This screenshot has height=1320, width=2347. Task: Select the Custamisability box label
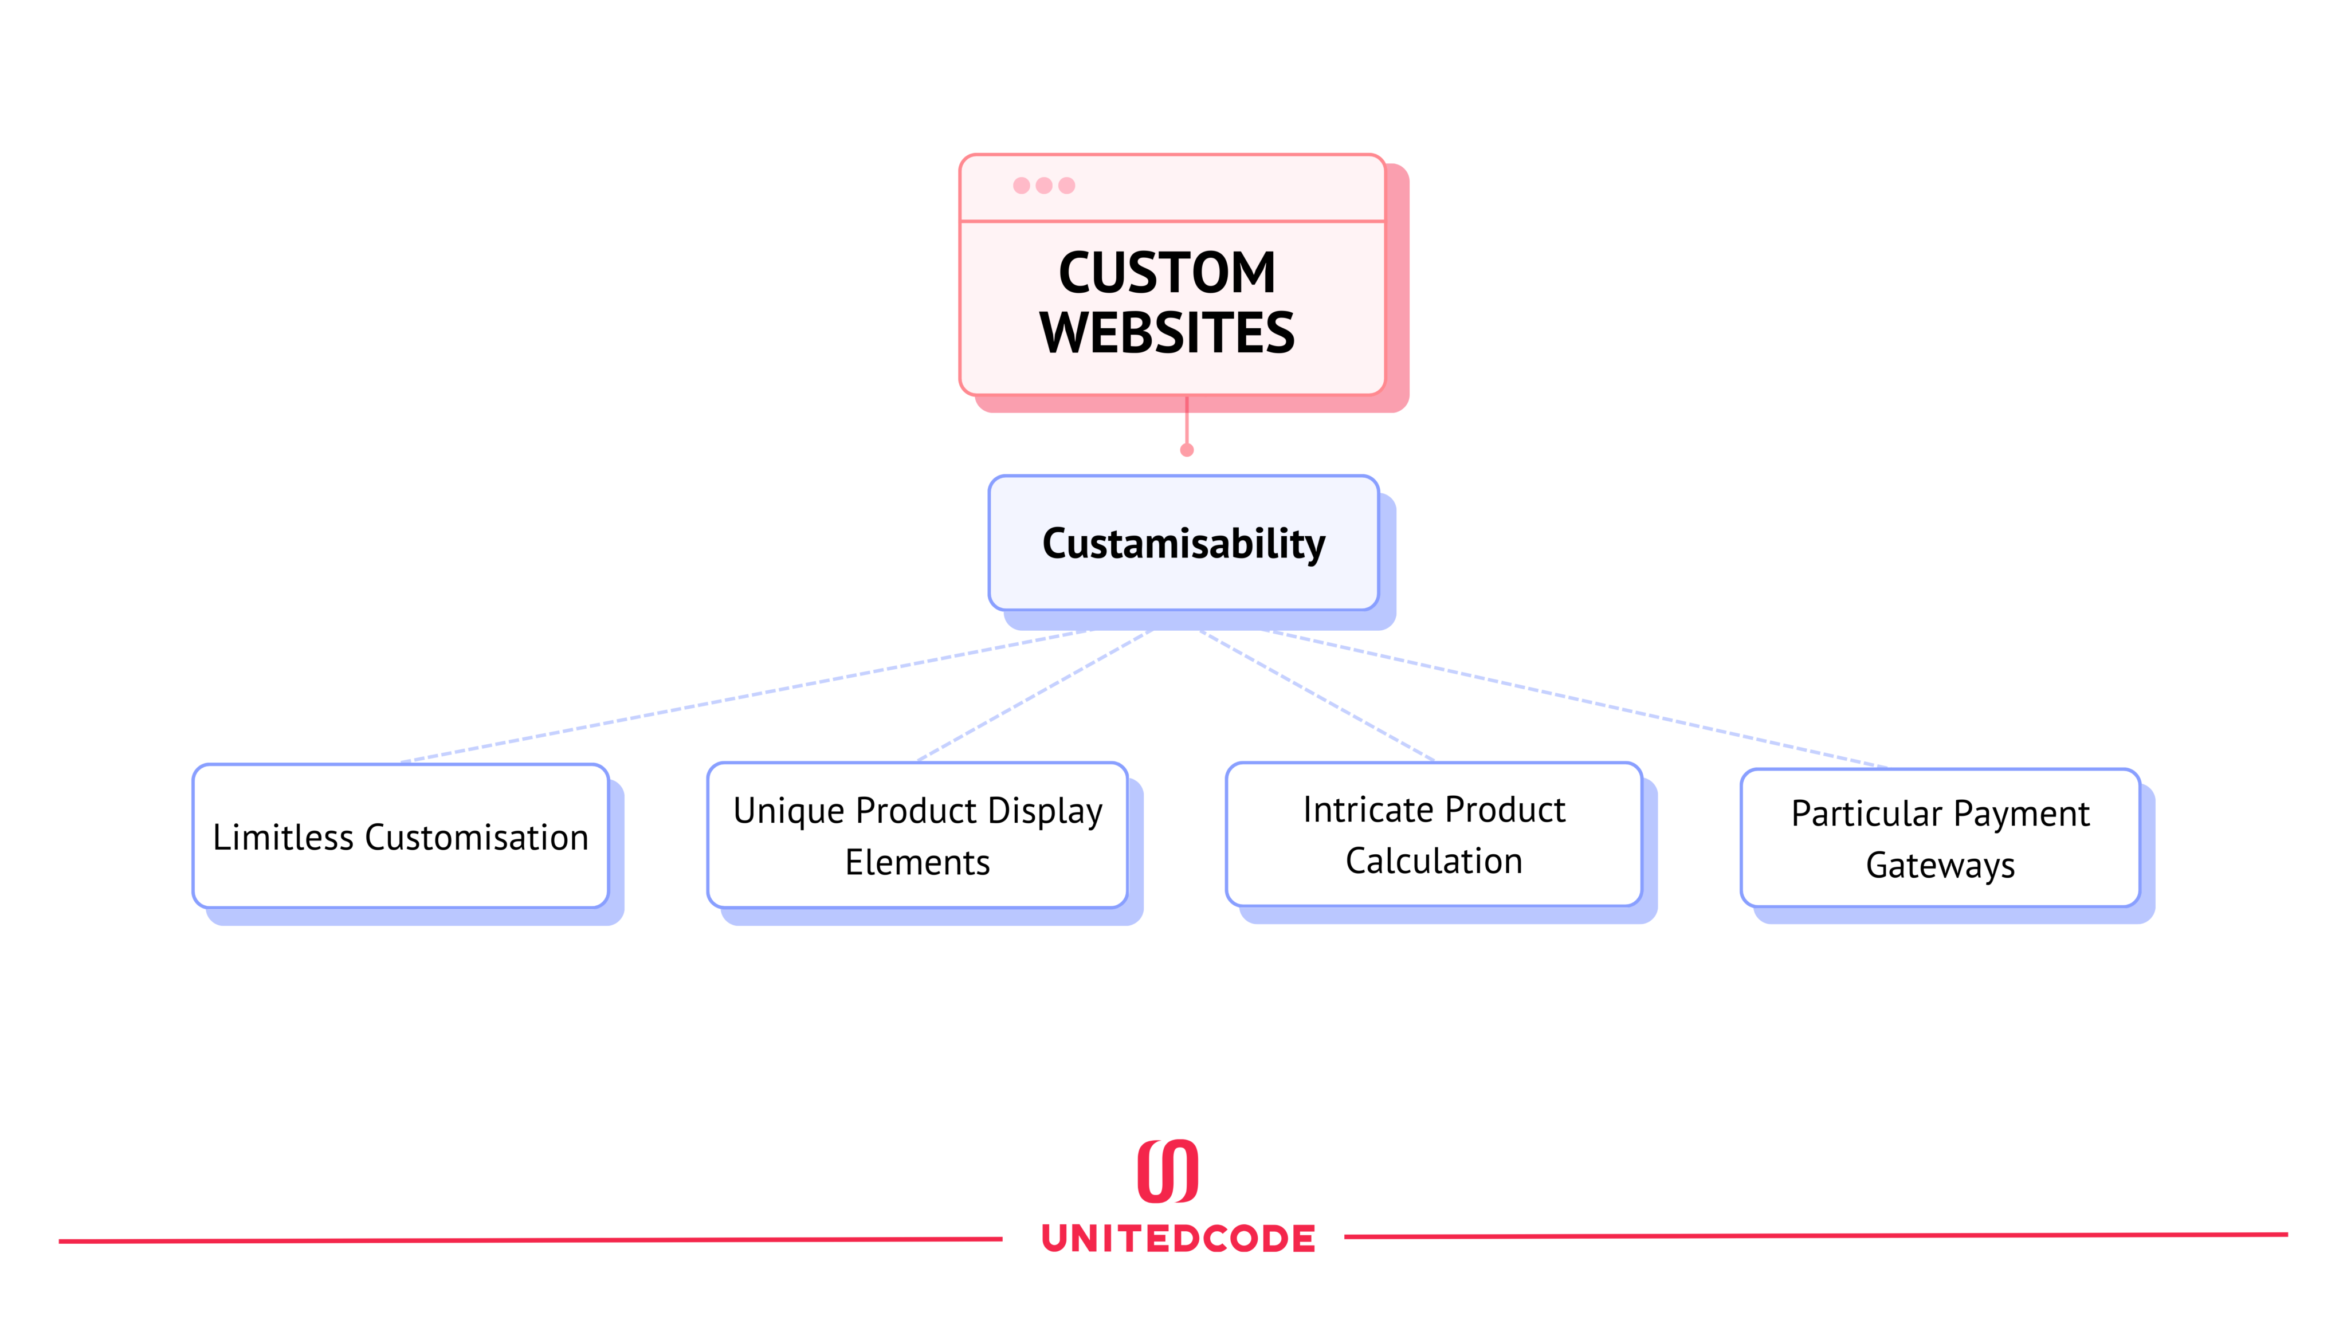pyautogui.click(x=1183, y=543)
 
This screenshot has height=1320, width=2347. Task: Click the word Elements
pyautogui.click(x=917, y=862)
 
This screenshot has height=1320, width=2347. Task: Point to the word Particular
pyautogui.click(x=1866, y=814)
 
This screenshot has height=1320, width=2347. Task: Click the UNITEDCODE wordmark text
pyautogui.click(x=1178, y=1239)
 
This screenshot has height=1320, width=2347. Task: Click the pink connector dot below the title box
pyautogui.click(x=1186, y=450)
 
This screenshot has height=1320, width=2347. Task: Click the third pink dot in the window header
pyautogui.click(x=1067, y=186)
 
